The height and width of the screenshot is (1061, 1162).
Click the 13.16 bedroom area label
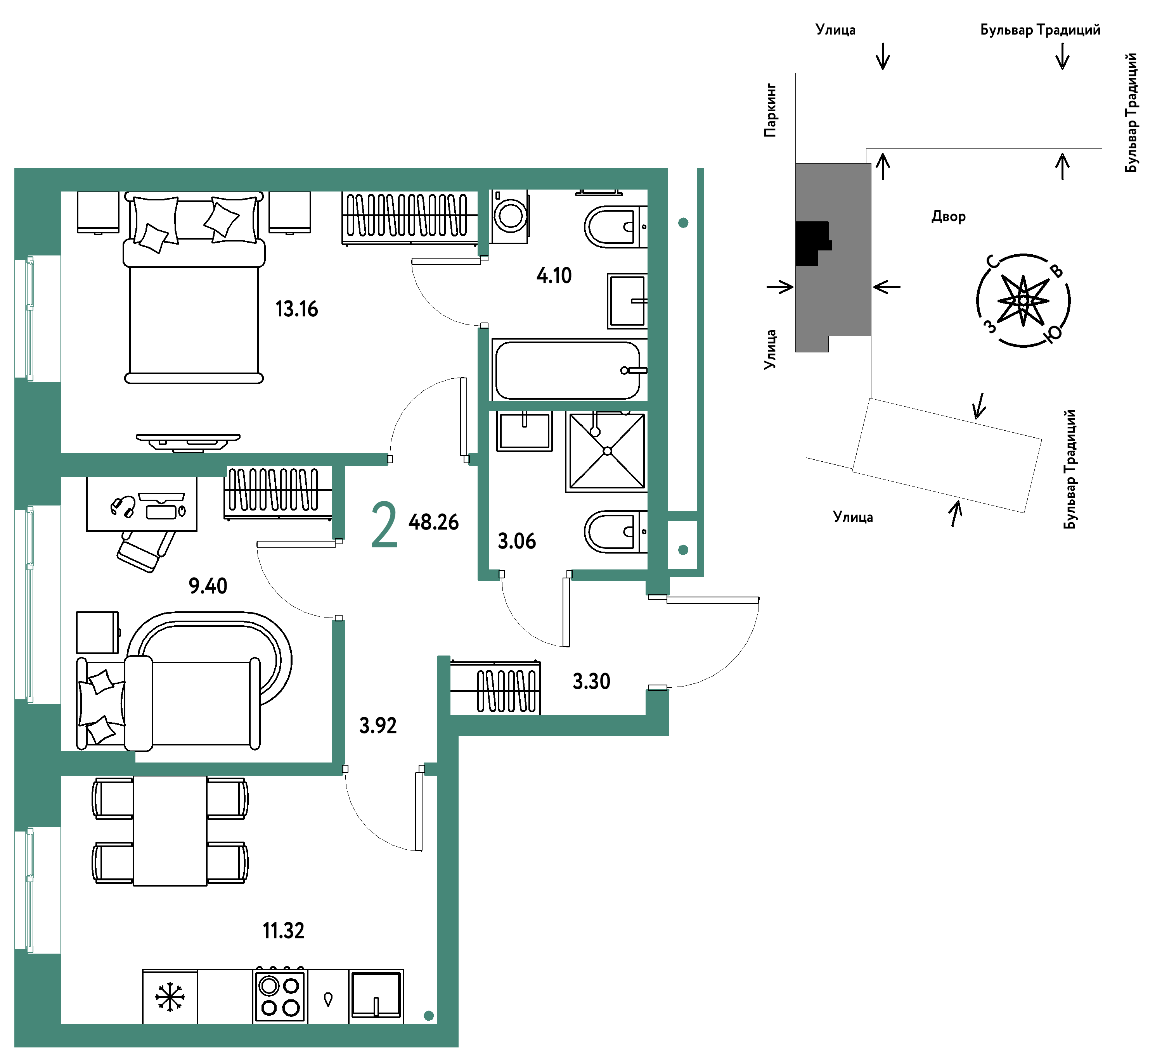[296, 309]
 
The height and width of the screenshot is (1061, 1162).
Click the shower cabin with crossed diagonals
[606, 452]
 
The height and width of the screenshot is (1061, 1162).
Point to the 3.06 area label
[516, 542]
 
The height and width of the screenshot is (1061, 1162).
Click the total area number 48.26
[433, 523]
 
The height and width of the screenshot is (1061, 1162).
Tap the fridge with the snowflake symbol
[170, 997]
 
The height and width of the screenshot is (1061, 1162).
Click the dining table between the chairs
[170, 831]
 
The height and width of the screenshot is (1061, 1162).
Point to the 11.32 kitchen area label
[284, 931]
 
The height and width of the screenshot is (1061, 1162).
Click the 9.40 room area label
[208, 587]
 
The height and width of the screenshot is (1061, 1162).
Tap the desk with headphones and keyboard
[142, 504]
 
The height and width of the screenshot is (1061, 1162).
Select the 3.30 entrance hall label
[591, 681]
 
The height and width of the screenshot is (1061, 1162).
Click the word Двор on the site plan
[948, 217]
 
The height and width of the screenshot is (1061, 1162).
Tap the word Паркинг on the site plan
[771, 110]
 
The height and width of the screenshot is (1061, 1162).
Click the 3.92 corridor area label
[378, 726]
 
